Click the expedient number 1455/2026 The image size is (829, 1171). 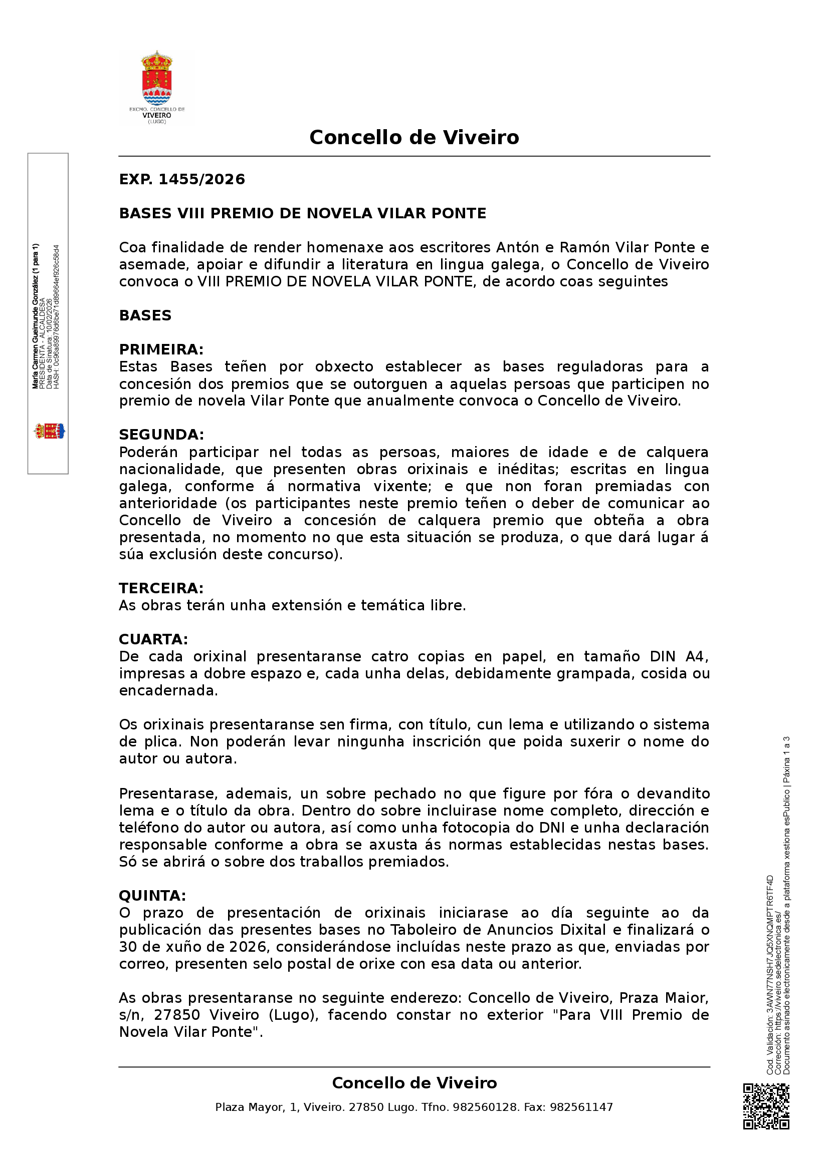(x=201, y=180)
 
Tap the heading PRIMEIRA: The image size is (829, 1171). (x=161, y=350)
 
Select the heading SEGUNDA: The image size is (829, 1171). (x=161, y=435)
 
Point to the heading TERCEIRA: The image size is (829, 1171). (x=161, y=589)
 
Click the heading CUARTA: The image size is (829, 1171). (x=153, y=639)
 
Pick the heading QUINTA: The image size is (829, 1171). (x=152, y=896)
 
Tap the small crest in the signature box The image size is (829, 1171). (x=49, y=432)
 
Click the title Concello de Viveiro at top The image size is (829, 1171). (x=414, y=138)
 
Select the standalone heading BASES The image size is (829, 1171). (x=145, y=316)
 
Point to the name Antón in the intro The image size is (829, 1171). (x=518, y=248)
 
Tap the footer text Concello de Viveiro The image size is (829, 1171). (x=414, y=1083)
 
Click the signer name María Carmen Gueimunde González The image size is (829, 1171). (x=35, y=316)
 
